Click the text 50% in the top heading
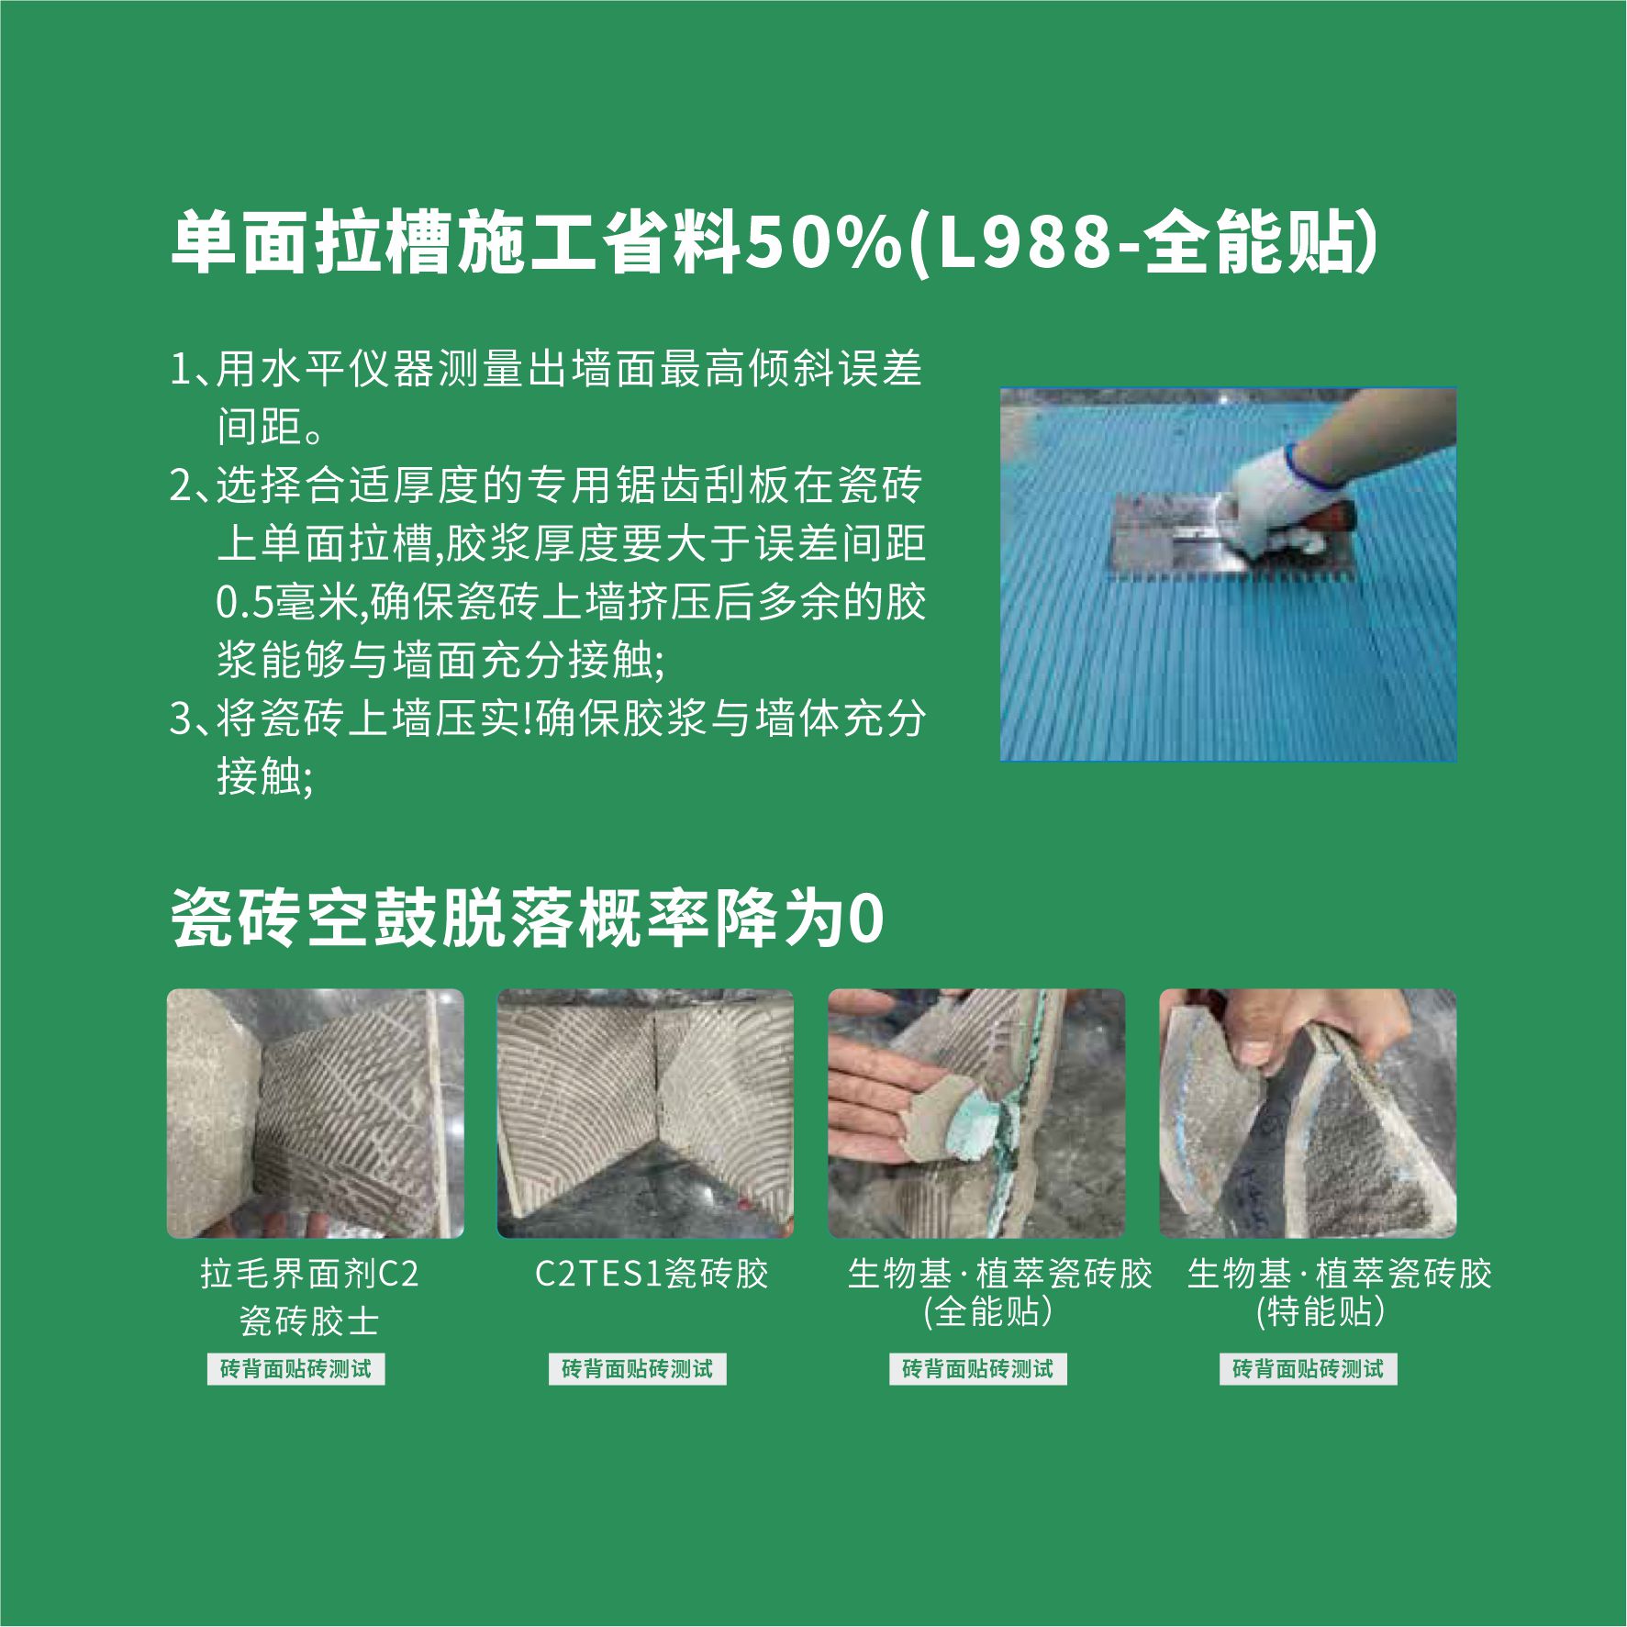[823, 244]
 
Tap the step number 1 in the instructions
[181, 370]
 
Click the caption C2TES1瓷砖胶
[652, 1274]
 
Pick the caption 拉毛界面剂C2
[310, 1274]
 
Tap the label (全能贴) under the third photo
[987, 1311]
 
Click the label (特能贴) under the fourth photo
[1320, 1311]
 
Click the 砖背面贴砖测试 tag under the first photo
[296, 1369]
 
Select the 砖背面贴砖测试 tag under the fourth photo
[1309, 1369]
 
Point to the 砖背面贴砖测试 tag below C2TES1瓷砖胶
[638, 1369]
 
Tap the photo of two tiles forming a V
[646, 1113]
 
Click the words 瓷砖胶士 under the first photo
[310, 1321]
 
